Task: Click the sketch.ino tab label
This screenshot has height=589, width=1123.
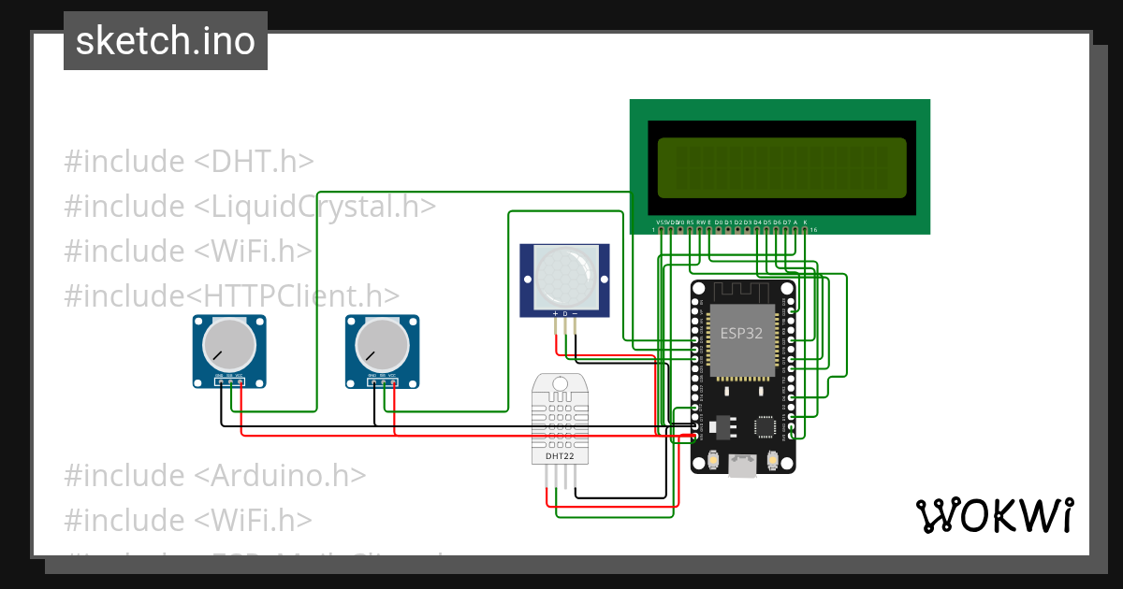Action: click(x=165, y=41)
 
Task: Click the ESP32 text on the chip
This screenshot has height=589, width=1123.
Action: click(x=741, y=333)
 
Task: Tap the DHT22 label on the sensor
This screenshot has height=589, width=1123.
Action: click(x=561, y=457)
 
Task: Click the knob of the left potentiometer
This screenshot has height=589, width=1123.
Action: click(x=229, y=343)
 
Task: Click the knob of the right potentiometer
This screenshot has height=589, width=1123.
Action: click(x=382, y=343)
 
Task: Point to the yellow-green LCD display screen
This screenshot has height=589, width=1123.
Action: click(x=782, y=167)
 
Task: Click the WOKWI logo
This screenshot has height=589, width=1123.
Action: click(x=994, y=515)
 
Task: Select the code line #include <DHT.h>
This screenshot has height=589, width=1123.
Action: click(x=189, y=161)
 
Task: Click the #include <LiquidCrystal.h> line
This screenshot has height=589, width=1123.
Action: click(x=250, y=206)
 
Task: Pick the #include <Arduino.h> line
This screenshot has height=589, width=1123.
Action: click(x=214, y=475)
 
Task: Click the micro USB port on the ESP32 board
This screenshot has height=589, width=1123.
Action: click(x=744, y=465)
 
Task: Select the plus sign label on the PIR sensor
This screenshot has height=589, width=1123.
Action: click(x=555, y=313)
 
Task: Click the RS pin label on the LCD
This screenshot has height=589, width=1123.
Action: click(x=690, y=222)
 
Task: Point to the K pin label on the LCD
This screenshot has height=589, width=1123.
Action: click(x=805, y=222)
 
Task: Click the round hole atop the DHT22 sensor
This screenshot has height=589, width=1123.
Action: click(x=561, y=383)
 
